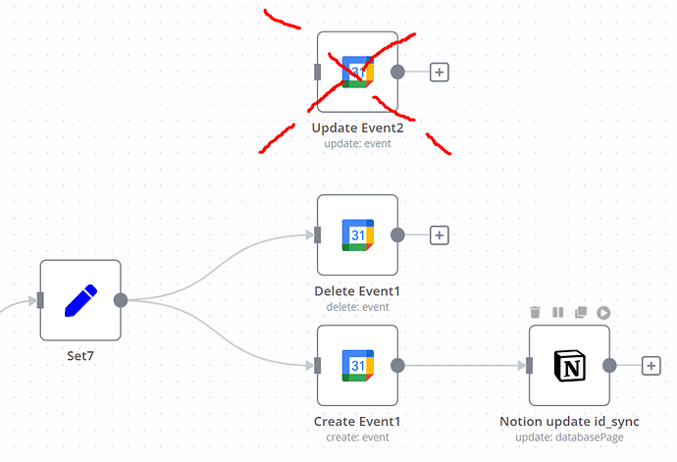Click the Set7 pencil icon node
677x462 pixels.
coord(79,300)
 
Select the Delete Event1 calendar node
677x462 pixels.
coord(357,235)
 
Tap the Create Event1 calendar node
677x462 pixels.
coord(357,366)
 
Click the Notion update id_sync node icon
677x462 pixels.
coord(569,366)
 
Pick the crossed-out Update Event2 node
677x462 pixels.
coord(357,72)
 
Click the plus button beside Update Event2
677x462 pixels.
coord(440,72)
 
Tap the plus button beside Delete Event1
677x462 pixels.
coord(440,235)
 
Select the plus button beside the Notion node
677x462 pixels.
coord(651,366)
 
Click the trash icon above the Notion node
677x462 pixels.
coord(535,312)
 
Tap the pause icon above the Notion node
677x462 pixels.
coord(557,312)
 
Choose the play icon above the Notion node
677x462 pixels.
coord(603,312)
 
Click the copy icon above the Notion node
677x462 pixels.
coord(581,312)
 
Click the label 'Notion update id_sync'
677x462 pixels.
coord(569,422)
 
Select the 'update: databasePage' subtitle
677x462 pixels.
coord(569,437)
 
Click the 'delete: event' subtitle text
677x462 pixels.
coord(357,307)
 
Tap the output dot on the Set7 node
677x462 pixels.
coord(121,300)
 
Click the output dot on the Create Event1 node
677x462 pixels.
coord(397,366)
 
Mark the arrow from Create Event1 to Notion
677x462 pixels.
coord(461,366)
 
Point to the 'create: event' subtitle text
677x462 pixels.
coord(357,437)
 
